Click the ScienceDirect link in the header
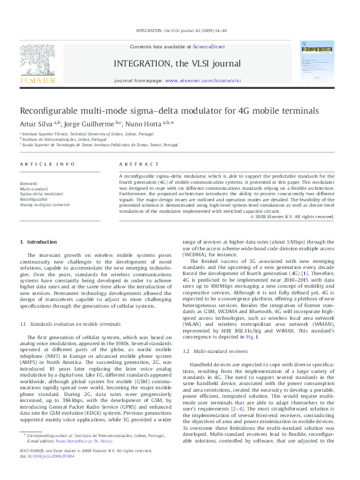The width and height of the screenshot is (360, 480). [209, 47]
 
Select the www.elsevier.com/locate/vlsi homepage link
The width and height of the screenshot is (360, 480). [203, 80]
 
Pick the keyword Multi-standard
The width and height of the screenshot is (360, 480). [34, 189]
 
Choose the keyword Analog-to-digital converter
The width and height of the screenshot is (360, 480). [45, 205]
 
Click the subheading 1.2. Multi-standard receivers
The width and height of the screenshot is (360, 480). [208, 351]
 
